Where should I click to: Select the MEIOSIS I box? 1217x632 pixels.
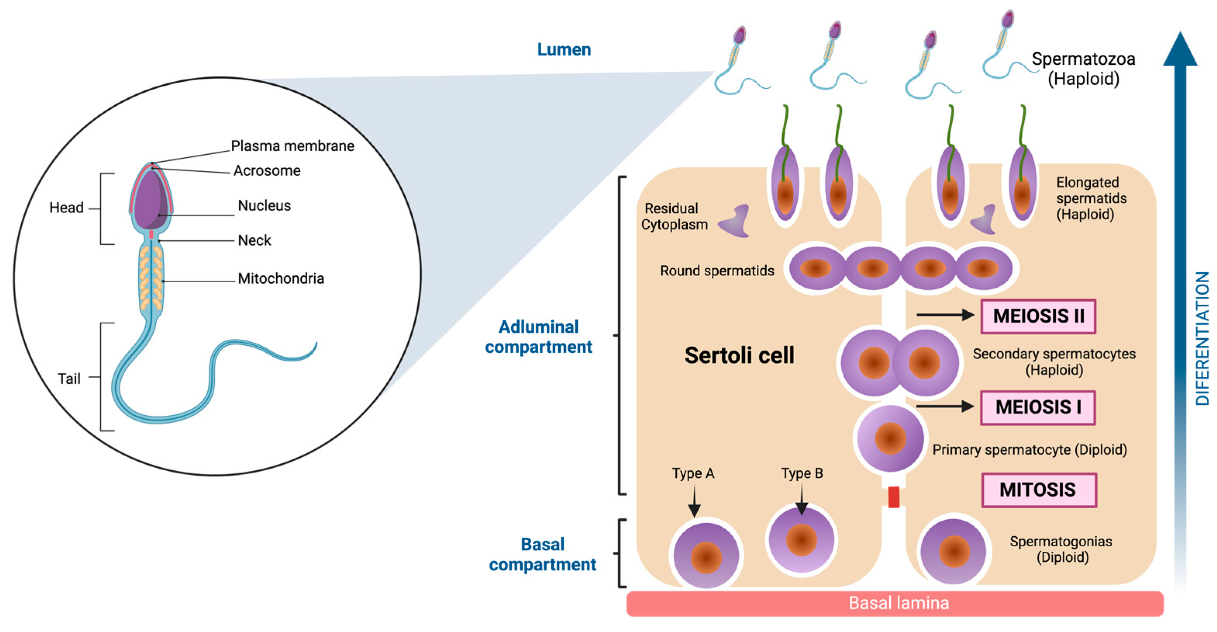(1038, 408)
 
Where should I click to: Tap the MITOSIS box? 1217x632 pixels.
(1038, 490)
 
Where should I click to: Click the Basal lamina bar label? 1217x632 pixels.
(898, 603)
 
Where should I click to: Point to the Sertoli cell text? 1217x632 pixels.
(739, 356)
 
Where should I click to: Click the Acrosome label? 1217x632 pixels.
(267, 171)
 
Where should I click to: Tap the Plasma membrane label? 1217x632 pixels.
(293, 146)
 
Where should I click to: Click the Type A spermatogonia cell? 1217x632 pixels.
(706, 555)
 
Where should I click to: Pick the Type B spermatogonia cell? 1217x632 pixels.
(801, 540)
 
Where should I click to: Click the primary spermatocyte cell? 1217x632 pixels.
(890, 438)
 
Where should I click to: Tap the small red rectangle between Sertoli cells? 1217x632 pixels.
(893, 497)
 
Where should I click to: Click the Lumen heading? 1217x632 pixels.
(564, 50)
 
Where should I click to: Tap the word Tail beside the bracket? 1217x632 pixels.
(69, 379)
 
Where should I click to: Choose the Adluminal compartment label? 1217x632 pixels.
(538, 337)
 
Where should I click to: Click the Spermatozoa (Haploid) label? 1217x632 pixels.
(1083, 69)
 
